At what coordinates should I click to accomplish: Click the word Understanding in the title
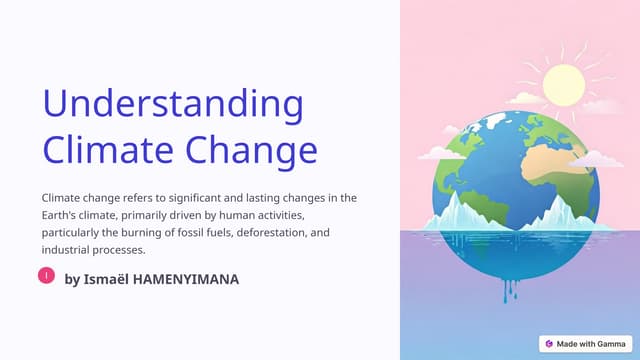(173, 105)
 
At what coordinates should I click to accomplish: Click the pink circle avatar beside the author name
(46, 275)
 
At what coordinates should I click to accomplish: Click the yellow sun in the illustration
(563, 85)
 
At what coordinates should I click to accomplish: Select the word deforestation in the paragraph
(264, 233)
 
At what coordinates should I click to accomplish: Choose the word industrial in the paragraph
(66, 250)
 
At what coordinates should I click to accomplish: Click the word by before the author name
(71, 279)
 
